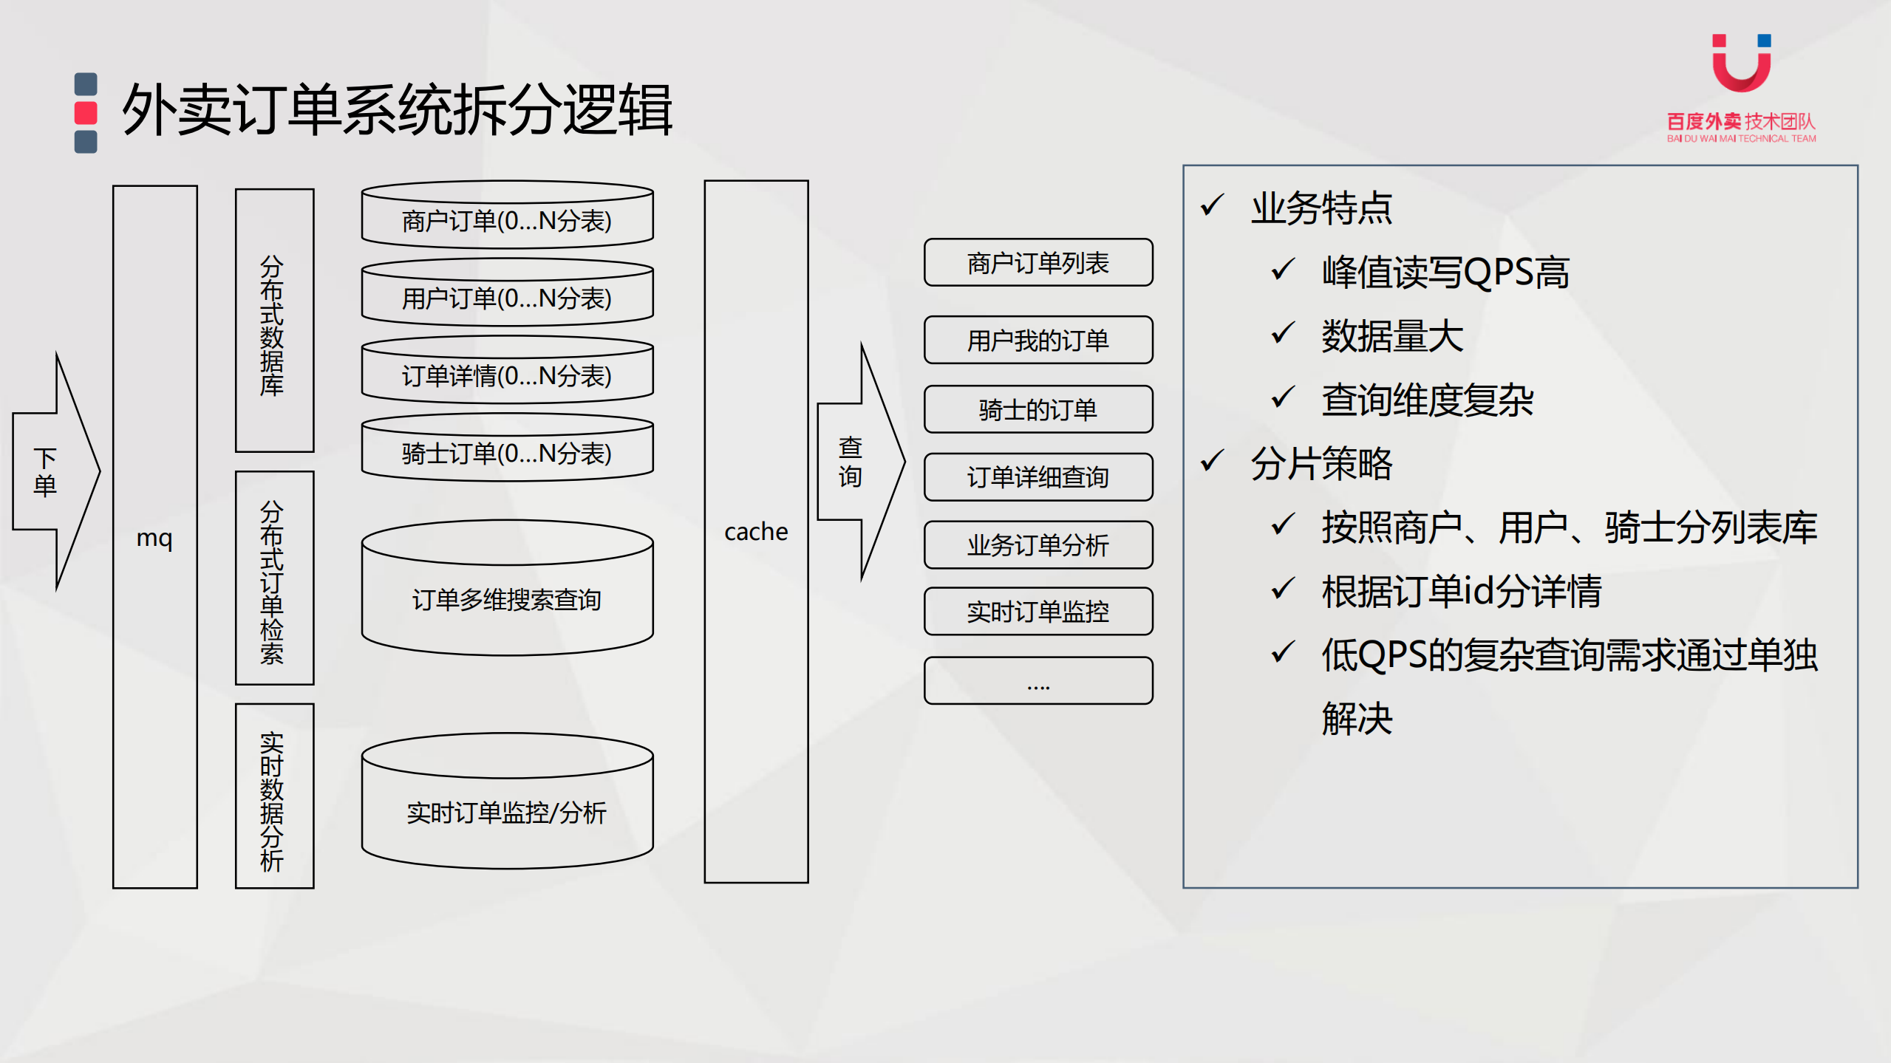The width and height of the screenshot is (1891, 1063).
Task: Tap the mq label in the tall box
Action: [154, 538]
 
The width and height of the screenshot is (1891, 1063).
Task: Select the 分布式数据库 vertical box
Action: [274, 321]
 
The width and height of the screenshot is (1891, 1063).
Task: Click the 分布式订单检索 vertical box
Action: [274, 578]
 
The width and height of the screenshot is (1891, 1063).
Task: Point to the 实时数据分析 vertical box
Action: [274, 796]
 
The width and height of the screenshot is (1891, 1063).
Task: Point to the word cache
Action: [756, 532]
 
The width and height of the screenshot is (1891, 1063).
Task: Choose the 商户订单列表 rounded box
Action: [1038, 262]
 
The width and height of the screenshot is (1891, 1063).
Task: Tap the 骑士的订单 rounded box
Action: [1038, 409]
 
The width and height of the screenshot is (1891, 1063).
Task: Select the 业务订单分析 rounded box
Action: [1038, 545]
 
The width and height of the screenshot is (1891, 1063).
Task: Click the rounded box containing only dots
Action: [1038, 680]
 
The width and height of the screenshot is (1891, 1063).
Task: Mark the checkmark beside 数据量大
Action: [1283, 334]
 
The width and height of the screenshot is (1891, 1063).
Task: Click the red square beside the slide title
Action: [86, 113]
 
